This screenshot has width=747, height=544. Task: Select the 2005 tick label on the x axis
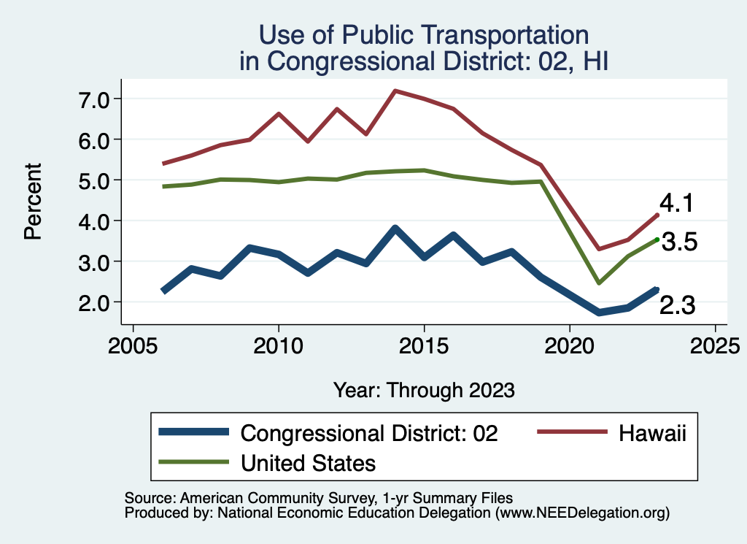[133, 344]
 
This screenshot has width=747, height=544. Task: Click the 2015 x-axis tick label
[424, 344]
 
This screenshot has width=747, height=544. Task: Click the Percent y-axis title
[32, 201]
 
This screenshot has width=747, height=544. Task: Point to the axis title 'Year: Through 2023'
[424, 389]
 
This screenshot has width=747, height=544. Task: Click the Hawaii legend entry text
[653, 433]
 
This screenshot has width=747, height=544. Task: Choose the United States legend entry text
[308, 462]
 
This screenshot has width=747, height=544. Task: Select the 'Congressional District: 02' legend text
[369, 433]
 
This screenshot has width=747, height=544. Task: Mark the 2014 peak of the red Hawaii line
[395, 91]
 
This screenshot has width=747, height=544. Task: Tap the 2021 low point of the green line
[598, 283]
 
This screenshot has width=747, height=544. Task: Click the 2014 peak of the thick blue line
[395, 229]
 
